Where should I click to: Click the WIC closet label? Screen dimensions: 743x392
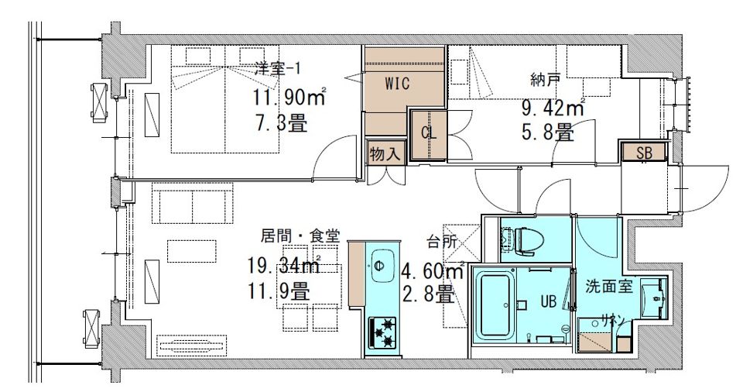tap(397, 84)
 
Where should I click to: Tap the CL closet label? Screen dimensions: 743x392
tap(429, 133)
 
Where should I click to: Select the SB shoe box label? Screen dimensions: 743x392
tap(644, 153)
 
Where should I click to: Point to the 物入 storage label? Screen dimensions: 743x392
tap(385, 154)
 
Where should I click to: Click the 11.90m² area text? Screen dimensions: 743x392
tap(289, 98)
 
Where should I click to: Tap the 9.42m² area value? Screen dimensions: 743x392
tap(553, 108)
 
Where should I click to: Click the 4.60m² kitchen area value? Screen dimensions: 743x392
tap(433, 272)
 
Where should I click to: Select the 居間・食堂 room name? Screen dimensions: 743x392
tap(300, 236)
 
